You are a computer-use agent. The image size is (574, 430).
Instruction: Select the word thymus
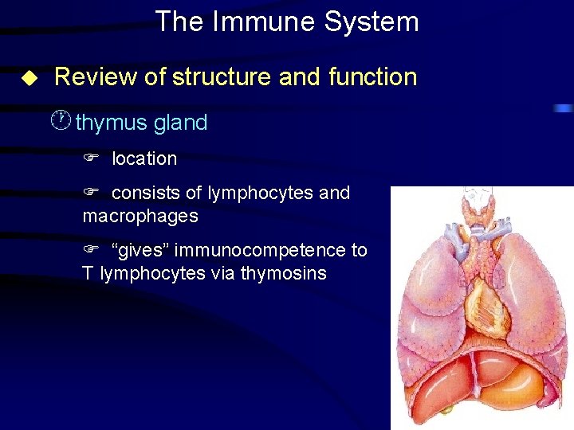coord(111,123)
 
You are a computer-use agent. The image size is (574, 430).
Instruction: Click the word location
coord(144,158)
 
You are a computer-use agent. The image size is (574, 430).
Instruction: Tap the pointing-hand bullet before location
coord(90,158)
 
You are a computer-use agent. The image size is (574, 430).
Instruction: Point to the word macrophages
coord(140,216)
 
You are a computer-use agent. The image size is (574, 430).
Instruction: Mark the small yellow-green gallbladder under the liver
coord(447,409)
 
